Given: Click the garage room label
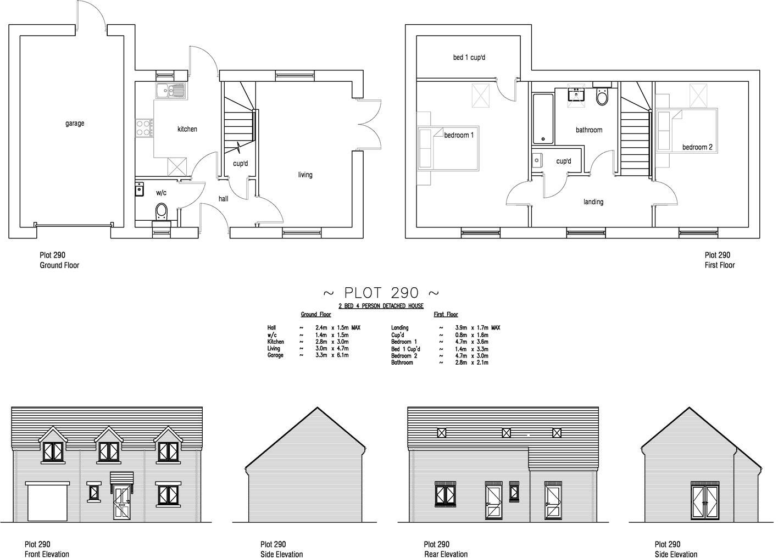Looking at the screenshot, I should pos(75,124).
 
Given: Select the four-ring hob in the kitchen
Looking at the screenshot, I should pos(144,128).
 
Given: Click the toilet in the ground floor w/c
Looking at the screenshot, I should pos(162,210).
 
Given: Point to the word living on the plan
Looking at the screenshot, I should pos(305,175).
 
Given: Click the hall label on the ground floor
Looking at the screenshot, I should pos(223,199).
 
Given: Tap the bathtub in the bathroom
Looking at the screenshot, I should pos(543,119).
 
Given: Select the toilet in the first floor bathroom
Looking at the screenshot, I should pos(602,97).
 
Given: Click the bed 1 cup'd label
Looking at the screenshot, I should pos(469,57).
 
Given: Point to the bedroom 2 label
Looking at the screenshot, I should pos(697,147).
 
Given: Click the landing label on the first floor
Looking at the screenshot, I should pos(593,202).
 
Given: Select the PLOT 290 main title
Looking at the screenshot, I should pos(381,293).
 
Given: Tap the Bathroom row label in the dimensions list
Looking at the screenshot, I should pos(402,362).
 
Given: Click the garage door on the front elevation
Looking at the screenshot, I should pos(48,502).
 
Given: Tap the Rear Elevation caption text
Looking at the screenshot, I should pos(446,554).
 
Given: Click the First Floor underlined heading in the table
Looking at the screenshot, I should pos(446,315).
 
